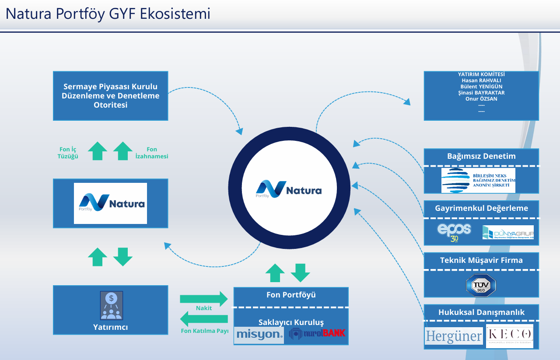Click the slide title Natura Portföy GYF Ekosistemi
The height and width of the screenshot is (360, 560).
[108, 14]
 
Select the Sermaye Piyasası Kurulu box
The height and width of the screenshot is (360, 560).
[110, 96]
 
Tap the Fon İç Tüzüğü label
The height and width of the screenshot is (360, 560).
[68, 153]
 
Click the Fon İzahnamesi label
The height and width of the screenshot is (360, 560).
[152, 153]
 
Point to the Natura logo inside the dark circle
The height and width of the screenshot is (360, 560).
[289, 189]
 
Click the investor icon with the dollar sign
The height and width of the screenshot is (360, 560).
[111, 305]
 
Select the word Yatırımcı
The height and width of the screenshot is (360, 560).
[110, 327]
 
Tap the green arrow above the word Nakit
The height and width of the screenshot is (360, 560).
[204, 299]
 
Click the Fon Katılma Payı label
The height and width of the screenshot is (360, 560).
[205, 331]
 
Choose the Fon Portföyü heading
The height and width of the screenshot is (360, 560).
[291, 295]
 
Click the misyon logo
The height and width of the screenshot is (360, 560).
[259, 335]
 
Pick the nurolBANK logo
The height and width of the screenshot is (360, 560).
[317, 334]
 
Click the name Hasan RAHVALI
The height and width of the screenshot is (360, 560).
[481, 80]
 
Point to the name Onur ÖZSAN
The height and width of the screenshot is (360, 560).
[481, 99]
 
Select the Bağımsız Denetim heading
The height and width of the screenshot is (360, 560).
[481, 156]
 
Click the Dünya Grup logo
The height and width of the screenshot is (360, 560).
[508, 232]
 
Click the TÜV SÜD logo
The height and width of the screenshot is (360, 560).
[481, 285]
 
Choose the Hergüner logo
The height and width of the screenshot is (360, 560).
[454, 336]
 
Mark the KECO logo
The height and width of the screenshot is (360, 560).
[510, 336]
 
